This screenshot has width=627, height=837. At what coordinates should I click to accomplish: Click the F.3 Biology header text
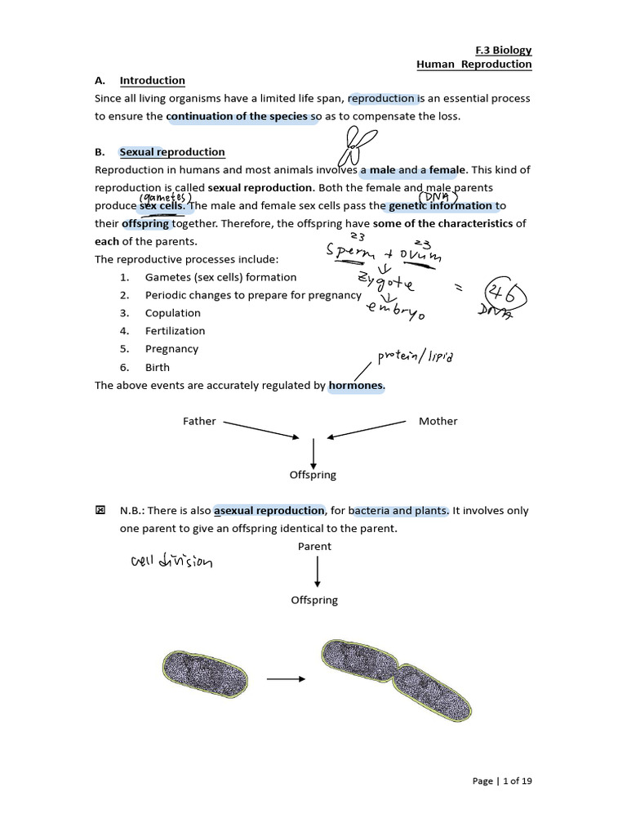coord(503,50)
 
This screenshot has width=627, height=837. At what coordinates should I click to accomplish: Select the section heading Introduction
coord(152,80)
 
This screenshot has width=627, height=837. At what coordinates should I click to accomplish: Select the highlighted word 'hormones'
coord(356,385)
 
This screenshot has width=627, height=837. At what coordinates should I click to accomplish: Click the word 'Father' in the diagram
coord(199,421)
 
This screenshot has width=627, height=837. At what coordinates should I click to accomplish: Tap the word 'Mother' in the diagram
coord(438,421)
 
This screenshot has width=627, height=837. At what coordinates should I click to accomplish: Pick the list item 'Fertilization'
coord(175,331)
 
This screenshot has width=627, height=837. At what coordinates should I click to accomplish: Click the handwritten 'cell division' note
coord(171,562)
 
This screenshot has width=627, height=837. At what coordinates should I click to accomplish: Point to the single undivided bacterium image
coord(205,675)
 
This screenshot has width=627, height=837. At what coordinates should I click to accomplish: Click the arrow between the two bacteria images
coord(286,678)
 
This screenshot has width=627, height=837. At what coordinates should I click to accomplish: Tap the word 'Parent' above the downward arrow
coord(314,546)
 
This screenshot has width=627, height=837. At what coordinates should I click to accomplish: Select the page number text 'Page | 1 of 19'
coord(502,781)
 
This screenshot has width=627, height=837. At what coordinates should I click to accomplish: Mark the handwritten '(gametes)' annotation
coord(165,198)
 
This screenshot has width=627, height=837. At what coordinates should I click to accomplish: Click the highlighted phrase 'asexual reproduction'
coord(269,511)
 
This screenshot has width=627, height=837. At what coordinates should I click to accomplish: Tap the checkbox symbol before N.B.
coord(100,511)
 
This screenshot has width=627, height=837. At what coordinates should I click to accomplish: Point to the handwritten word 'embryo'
coord(395,309)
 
